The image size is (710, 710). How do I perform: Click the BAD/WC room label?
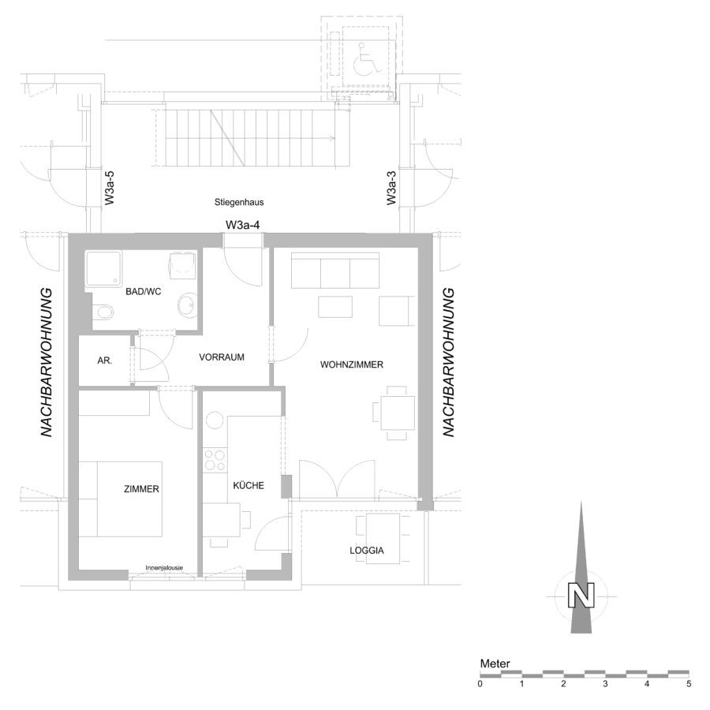pyautogui.click(x=143, y=292)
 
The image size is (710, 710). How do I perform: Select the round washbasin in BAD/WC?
pyautogui.click(x=186, y=305)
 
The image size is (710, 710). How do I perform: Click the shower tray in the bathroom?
pyautogui.click(x=103, y=269)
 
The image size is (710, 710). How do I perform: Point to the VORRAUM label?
pyautogui.click(x=222, y=357)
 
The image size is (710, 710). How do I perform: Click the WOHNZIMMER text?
pyautogui.click(x=351, y=364)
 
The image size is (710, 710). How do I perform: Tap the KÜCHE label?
pyautogui.click(x=248, y=485)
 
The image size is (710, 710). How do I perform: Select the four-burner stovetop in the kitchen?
pyautogui.click(x=214, y=460)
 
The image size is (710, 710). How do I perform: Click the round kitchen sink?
pyautogui.click(x=215, y=420)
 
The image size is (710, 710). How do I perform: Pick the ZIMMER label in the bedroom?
pyautogui.click(x=141, y=489)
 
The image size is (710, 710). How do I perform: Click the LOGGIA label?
pyautogui.click(x=367, y=551)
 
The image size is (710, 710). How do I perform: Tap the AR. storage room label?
pyautogui.click(x=105, y=361)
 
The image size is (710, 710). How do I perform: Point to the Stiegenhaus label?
pyautogui.click(x=239, y=203)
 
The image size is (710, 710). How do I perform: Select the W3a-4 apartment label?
pyautogui.click(x=243, y=225)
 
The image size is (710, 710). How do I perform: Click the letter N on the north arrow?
pyautogui.click(x=581, y=595)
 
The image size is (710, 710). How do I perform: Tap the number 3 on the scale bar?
pyautogui.click(x=605, y=684)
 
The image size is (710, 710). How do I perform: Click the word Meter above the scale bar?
pyautogui.click(x=495, y=663)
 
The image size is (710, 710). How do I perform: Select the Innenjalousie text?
pyautogui.click(x=164, y=568)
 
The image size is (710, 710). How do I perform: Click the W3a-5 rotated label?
pyautogui.click(x=110, y=189)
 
